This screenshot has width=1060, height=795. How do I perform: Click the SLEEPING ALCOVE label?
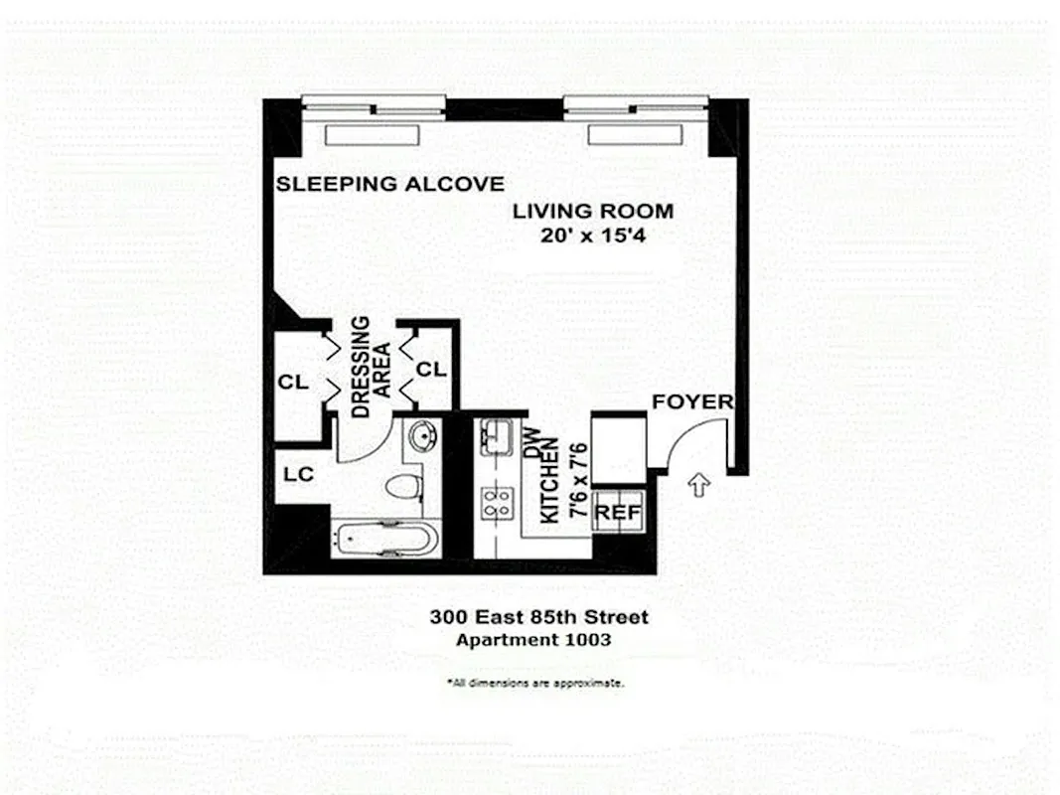pyautogui.click(x=389, y=184)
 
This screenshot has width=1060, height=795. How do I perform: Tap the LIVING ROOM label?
pyautogui.click(x=592, y=211)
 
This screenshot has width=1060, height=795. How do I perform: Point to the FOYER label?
pyautogui.click(x=692, y=402)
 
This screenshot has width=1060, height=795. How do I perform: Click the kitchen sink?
pyautogui.click(x=494, y=437)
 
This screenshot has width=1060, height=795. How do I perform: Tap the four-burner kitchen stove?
pyautogui.click(x=494, y=503)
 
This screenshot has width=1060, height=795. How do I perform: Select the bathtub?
pyautogui.click(x=384, y=540)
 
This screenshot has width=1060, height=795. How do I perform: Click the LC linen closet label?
pyautogui.click(x=299, y=475)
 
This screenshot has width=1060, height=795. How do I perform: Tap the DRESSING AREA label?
pyautogui.click(x=369, y=367)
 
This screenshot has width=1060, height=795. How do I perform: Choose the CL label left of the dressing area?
pyautogui.click(x=294, y=383)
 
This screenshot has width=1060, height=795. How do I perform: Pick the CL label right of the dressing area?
pyautogui.click(x=431, y=370)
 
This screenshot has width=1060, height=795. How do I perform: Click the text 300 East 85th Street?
pyautogui.click(x=538, y=617)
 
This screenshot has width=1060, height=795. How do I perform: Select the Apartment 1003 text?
pyautogui.click(x=533, y=640)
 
